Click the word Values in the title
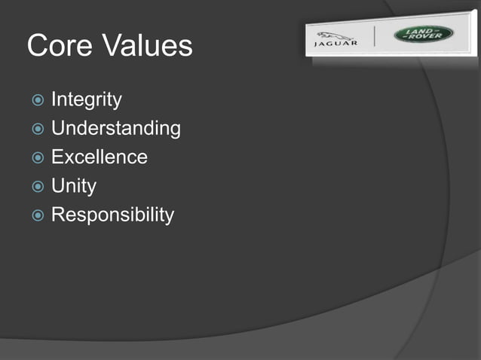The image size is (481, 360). tap(148, 47)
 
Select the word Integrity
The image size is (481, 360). tap(86, 99)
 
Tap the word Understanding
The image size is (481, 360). tap(115, 129)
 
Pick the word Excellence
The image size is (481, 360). tap(99, 157)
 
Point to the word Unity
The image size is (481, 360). tap(73, 186)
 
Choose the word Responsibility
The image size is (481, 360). tap(112, 215)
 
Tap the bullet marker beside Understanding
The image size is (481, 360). tap(38, 130)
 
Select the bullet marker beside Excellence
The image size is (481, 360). tap(38, 158)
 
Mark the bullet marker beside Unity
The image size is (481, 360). tap(38, 187)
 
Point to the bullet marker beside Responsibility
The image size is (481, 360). tap(38, 216)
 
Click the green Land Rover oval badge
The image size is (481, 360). tap(424, 35)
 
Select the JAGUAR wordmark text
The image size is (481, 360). tap(335, 44)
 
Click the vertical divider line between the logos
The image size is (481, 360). tap(376, 37)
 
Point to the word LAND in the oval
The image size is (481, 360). tap(424, 31)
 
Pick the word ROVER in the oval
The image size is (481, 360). tap(426, 38)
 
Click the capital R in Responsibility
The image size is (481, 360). tap(57, 215)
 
